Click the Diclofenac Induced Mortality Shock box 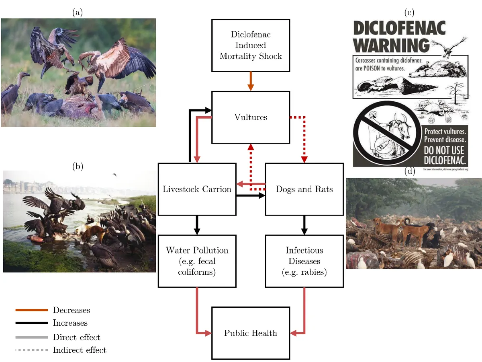(251, 45)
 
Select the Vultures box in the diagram (251, 117)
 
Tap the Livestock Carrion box (197, 189)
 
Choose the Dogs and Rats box (304, 189)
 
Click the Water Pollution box (197, 261)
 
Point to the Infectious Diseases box (304, 261)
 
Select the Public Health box (251, 333)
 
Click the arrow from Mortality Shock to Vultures (251, 80)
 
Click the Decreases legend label (71, 310)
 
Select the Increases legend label (70, 323)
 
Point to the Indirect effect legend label (80, 350)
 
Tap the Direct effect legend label (77, 337)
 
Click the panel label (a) (78, 12)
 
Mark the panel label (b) (78, 166)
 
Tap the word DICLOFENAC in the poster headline (400, 28)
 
